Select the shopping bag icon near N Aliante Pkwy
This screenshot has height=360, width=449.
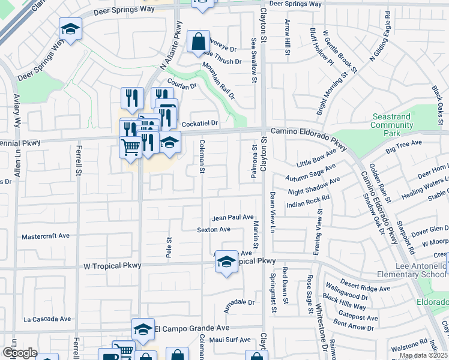(x=198, y=42)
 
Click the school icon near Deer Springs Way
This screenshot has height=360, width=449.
(x=70, y=29)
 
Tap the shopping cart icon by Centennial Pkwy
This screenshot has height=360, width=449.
(x=130, y=146)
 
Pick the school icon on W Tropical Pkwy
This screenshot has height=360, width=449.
(x=226, y=262)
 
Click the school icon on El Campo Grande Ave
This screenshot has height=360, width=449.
(x=143, y=329)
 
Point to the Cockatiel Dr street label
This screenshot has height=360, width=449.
(x=199, y=123)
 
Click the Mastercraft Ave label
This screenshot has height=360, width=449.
(x=46, y=236)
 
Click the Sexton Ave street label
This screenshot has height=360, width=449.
(x=214, y=229)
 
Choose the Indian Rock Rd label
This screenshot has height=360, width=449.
(x=309, y=201)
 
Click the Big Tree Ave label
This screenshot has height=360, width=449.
(x=404, y=146)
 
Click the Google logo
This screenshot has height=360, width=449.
(x=19, y=353)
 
